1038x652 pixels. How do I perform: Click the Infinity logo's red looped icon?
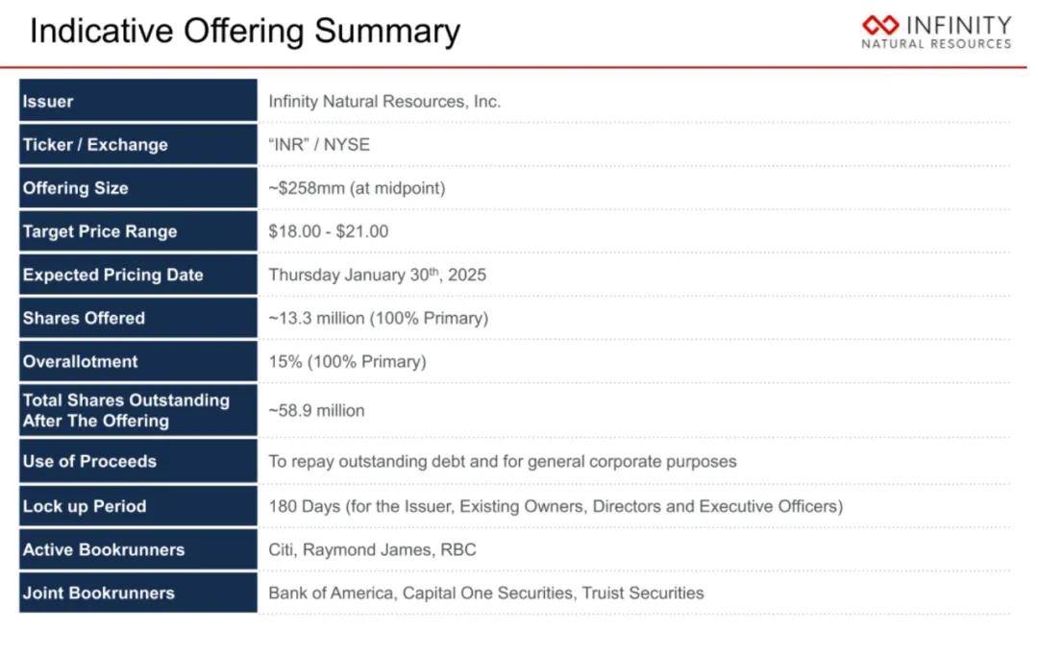click(880, 25)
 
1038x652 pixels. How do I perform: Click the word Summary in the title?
click(387, 32)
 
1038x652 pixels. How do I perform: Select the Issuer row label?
click(48, 101)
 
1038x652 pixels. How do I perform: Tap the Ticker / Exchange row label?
click(95, 145)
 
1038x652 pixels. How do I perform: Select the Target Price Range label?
click(100, 231)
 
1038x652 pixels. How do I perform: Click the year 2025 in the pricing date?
click(467, 275)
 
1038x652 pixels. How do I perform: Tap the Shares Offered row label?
click(84, 318)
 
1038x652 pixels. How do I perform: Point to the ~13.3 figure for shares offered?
click(290, 318)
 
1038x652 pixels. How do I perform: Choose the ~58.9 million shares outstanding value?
click(316, 411)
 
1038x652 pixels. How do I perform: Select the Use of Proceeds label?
click(89, 462)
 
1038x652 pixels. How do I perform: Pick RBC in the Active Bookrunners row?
click(458, 549)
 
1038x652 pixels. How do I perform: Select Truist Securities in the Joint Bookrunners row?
click(643, 593)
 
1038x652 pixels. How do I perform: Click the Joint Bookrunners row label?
click(99, 593)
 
